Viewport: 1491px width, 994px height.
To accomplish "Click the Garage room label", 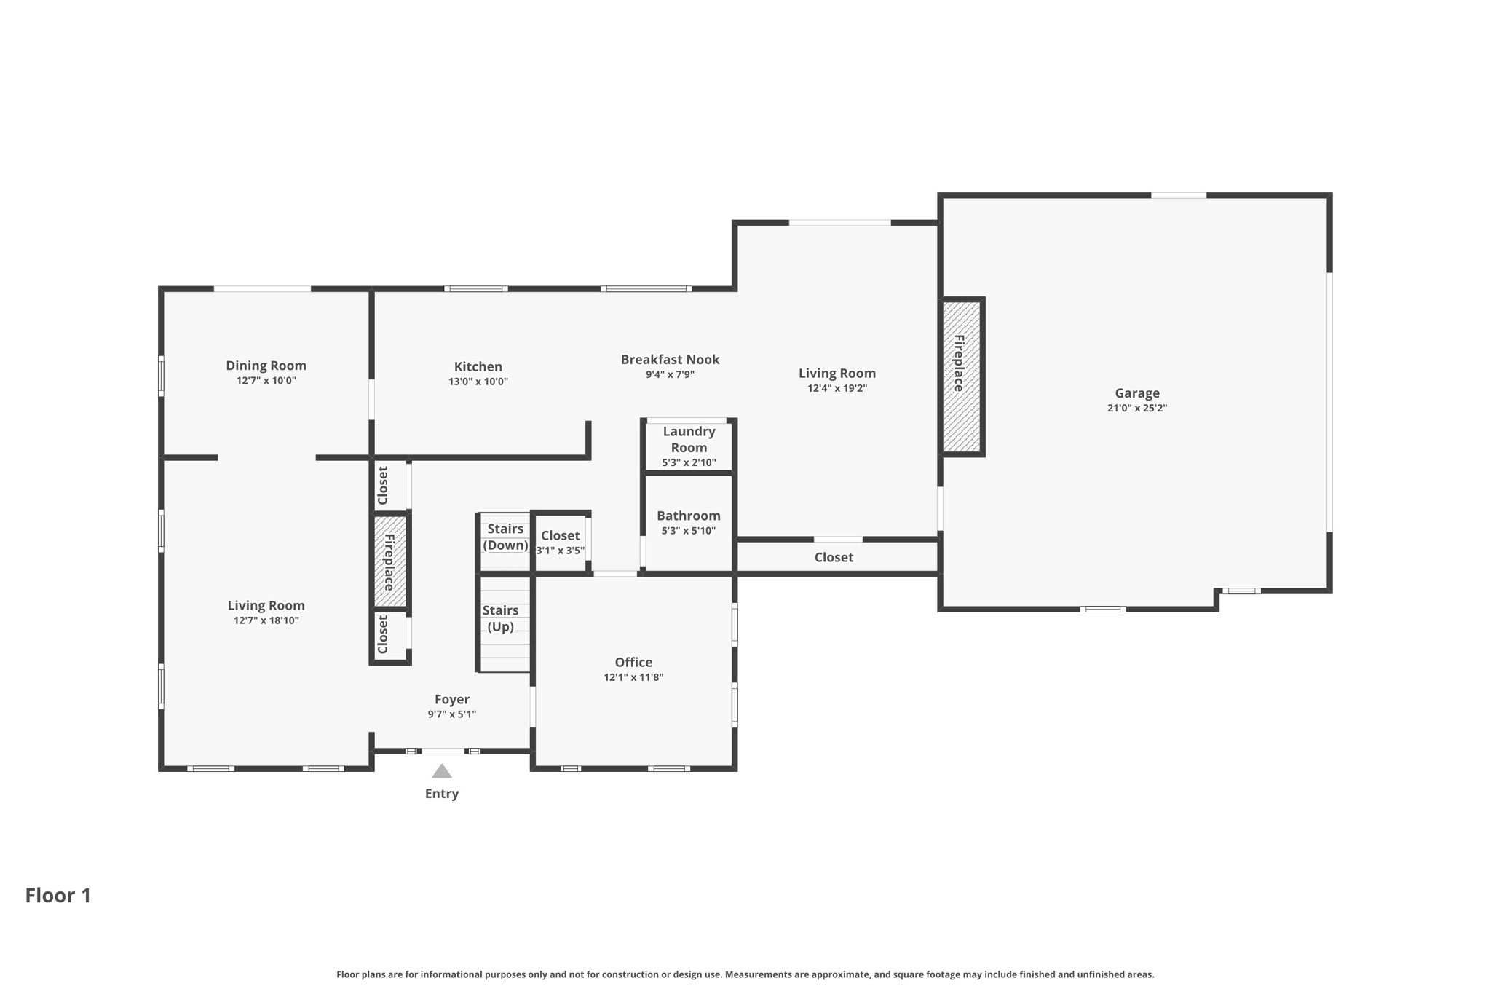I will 1136,393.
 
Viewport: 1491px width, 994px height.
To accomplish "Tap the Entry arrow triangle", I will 442,772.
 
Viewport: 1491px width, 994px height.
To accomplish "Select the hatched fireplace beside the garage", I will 961,376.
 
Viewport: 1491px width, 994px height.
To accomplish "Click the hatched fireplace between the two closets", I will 389,561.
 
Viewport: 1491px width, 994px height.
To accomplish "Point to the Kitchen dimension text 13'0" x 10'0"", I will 478,382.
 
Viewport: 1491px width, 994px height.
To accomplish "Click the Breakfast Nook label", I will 670,360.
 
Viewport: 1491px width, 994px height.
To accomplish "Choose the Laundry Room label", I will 689,439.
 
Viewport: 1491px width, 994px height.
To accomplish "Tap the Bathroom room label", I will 688,516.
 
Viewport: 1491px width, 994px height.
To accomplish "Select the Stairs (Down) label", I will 505,537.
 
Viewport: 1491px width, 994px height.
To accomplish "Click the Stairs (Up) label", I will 500,618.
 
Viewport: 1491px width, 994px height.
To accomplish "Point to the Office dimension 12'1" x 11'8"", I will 633,677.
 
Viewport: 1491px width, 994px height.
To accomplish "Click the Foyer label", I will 451,699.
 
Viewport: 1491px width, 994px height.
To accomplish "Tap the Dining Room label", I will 266,366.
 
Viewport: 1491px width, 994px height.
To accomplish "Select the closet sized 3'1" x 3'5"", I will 560,543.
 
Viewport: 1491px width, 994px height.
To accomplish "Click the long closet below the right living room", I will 834,557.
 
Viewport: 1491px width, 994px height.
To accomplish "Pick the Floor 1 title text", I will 58,895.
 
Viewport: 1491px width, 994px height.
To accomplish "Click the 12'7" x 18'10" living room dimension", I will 266,620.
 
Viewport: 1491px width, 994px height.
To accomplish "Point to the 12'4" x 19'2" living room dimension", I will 837,388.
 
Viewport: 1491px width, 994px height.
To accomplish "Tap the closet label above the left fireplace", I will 383,485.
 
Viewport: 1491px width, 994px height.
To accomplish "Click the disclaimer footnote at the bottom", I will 745,974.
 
